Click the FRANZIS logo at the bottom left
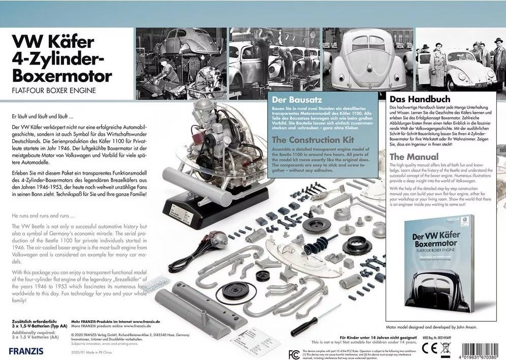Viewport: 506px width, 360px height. point(26,350)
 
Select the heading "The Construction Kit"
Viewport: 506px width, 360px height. point(312,139)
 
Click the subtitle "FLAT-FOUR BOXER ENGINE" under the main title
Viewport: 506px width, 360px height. point(53,91)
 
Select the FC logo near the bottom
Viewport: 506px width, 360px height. point(294,353)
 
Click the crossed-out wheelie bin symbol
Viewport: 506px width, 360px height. point(445,348)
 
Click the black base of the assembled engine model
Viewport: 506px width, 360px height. point(199,209)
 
